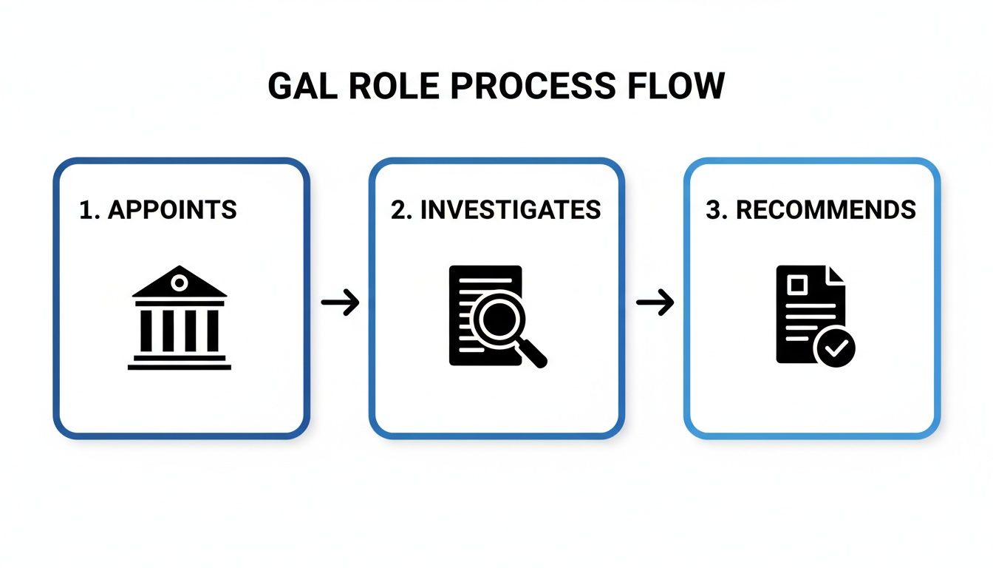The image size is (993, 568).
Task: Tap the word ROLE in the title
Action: (397, 87)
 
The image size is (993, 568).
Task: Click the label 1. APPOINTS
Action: (158, 210)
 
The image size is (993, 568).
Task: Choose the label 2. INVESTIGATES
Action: (496, 210)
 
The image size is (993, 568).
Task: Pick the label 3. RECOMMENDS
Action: (811, 210)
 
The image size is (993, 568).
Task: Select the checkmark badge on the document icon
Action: (835, 348)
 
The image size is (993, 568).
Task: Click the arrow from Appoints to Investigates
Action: (340, 302)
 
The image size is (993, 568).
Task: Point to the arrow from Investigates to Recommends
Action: (655, 302)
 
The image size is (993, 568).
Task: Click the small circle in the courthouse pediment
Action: (179, 282)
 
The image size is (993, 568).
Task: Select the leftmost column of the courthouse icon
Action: (146, 331)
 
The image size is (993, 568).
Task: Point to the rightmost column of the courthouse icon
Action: (213, 331)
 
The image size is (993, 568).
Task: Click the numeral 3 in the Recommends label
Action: (713, 210)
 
